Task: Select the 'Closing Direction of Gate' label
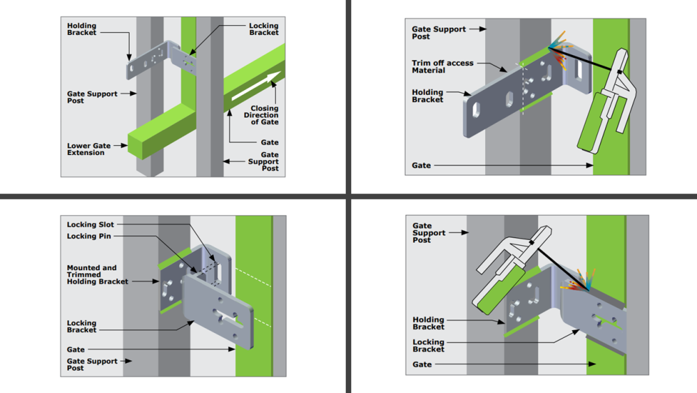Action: pyautogui.click(x=264, y=115)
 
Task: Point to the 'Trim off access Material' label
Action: pyautogui.click(x=443, y=66)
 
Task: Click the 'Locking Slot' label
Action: pyautogui.click(x=90, y=225)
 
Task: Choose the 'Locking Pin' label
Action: pyautogui.click(x=88, y=237)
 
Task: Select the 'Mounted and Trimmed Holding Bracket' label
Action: pyautogui.click(x=98, y=274)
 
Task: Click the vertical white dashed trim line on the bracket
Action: pyautogui.click(x=522, y=89)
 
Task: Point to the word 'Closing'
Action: pyautogui.click(x=264, y=108)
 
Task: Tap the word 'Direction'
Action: pyautogui.click(x=261, y=115)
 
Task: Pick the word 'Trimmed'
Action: pyautogui.click(x=83, y=274)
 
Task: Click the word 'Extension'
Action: pyautogui.click(x=86, y=153)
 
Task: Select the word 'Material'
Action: pyautogui.click(x=429, y=71)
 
